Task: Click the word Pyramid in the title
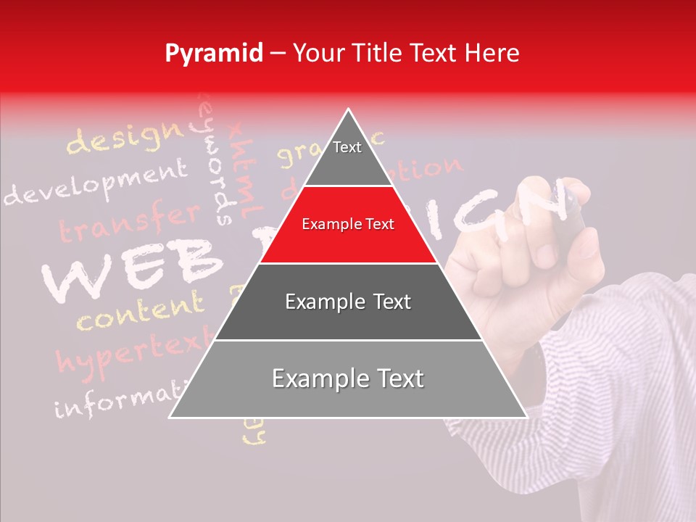coord(213,54)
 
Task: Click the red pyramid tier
coord(348,225)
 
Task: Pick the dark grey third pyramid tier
coord(348,302)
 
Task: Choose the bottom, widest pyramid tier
coord(348,379)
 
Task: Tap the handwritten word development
coord(94,183)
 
